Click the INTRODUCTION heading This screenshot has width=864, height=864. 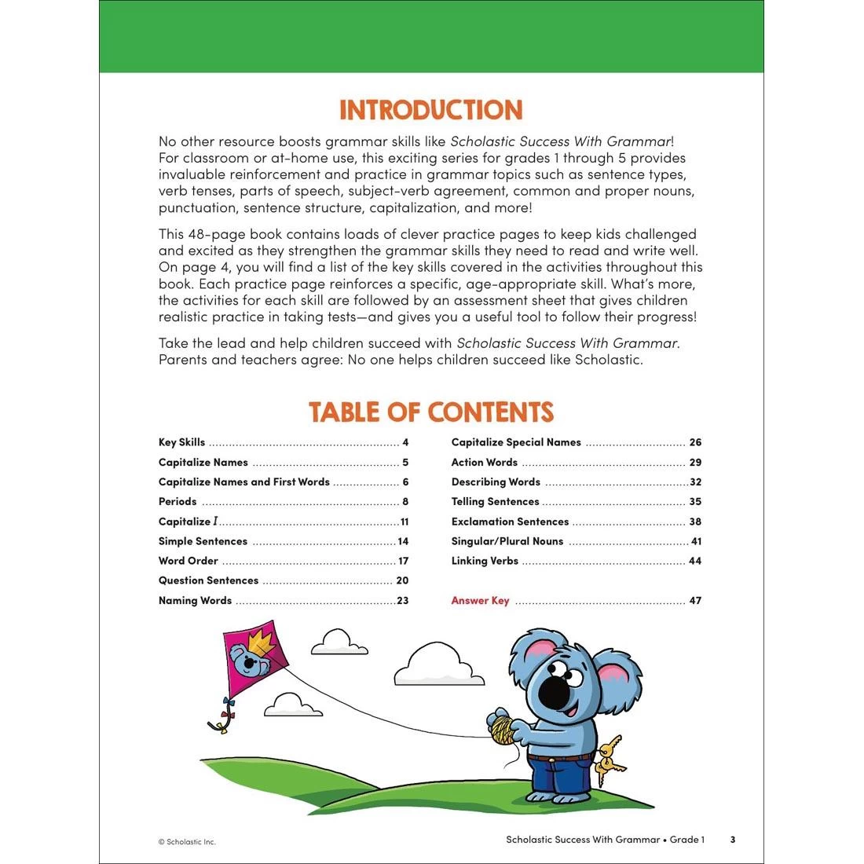point(430,110)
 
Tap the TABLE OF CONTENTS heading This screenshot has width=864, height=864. point(430,412)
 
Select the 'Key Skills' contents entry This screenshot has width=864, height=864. point(181,442)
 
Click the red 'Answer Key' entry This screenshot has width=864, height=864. point(480,601)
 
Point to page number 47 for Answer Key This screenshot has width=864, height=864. point(695,601)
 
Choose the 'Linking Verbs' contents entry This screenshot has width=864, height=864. point(485,561)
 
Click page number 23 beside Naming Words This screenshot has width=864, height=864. point(402,601)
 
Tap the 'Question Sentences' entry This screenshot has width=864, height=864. point(208,580)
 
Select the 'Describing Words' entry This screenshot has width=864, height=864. point(496,482)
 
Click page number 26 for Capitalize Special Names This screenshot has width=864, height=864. point(695,442)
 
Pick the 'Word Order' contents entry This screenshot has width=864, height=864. point(189,561)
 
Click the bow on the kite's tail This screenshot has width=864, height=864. point(228,704)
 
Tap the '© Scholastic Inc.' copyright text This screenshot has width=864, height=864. point(187,842)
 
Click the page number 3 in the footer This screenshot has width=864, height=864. point(733,840)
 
